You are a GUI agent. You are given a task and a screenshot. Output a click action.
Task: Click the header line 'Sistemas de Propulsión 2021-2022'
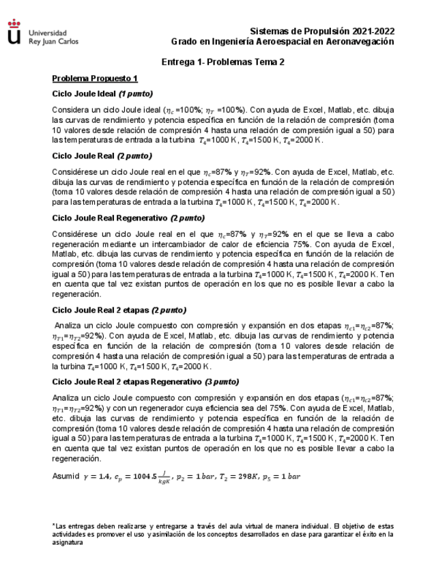click(322, 31)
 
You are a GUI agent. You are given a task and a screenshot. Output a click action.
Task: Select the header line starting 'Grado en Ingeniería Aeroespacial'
click(282, 42)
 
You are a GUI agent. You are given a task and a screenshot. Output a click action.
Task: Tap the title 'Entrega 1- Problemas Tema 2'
click(222, 61)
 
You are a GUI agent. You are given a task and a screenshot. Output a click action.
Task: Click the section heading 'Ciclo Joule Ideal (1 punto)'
click(102, 94)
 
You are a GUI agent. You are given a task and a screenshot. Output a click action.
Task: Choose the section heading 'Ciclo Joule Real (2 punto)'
click(102, 156)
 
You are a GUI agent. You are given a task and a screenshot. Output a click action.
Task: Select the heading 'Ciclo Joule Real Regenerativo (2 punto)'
click(128, 218)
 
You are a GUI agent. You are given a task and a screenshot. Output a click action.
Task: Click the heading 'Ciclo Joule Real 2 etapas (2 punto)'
click(119, 309)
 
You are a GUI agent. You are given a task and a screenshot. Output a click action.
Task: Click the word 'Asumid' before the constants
click(66, 476)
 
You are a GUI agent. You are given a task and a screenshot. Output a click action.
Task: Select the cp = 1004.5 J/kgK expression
click(144, 477)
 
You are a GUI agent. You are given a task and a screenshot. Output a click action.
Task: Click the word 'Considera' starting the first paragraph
click(72, 109)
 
